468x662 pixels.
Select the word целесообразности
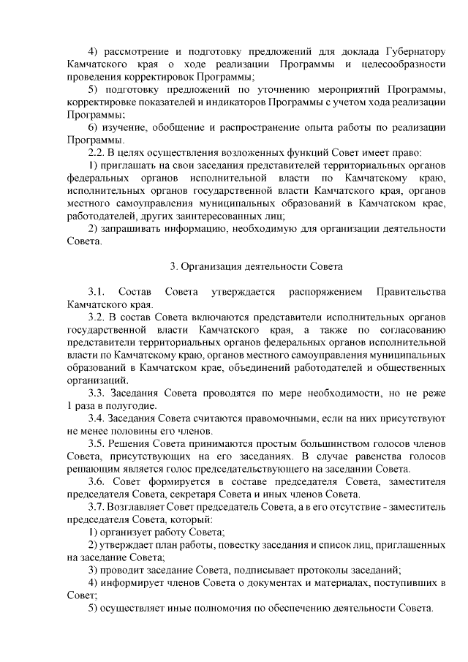tap(402, 64)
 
